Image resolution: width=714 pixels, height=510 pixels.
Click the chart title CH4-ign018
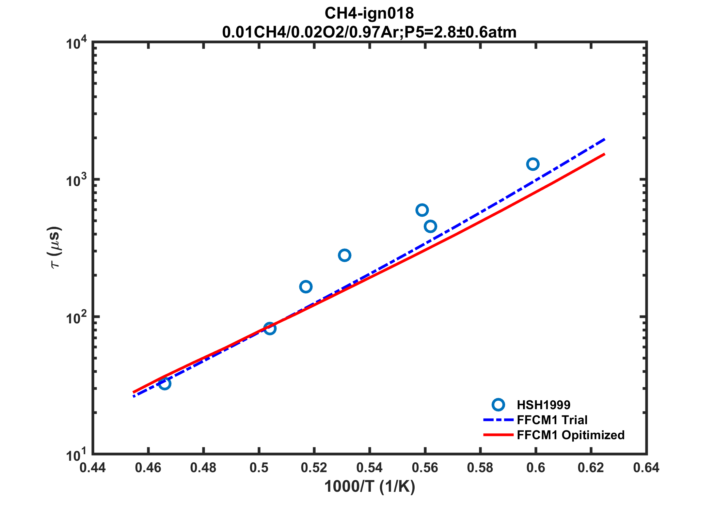point(369,13)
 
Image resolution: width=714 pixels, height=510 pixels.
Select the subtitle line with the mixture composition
point(369,32)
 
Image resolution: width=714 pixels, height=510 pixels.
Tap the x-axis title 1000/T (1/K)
point(370,487)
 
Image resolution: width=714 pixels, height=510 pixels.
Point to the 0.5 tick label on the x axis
point(259,468)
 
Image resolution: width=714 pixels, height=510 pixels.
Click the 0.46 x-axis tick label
point(148,468)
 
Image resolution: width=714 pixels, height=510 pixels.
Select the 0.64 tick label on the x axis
point(646,468)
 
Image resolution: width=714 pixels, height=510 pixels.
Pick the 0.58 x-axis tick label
point(480,468)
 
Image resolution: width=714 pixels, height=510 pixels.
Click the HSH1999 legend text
point(544,405)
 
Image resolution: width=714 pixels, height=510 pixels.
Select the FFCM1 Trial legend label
point(552,420)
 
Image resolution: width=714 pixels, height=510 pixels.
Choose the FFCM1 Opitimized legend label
point(571,435)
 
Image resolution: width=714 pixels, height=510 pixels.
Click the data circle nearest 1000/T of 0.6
point(533,164)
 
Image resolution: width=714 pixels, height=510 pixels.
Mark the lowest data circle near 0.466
point(165,383)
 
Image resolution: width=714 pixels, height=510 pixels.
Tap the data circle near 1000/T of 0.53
point(345,255)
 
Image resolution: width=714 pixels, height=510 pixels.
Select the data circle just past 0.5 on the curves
point(270,328)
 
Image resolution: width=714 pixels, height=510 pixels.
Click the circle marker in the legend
point(498,405)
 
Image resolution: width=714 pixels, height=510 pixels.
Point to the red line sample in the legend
point(498,435)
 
